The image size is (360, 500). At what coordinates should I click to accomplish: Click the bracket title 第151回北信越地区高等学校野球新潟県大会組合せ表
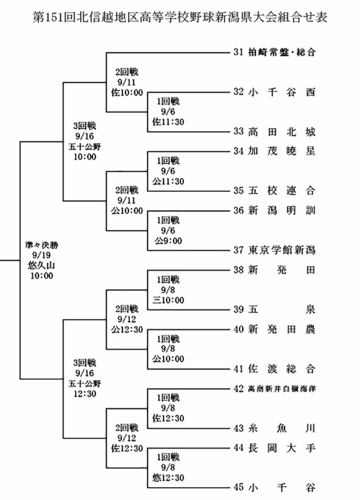180,17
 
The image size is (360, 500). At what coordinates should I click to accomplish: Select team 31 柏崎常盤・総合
274,52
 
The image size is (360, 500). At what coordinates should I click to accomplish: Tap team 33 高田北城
274,132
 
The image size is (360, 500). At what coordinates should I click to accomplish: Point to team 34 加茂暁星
274,151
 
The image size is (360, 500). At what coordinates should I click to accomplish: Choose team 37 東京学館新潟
274,250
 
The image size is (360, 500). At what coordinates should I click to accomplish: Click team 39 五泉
274,309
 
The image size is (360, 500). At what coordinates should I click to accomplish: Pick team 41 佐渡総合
274,368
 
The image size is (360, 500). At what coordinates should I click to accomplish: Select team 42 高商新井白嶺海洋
274,389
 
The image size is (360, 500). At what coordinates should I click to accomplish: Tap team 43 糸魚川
274,428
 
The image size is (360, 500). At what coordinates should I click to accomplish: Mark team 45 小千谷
274,487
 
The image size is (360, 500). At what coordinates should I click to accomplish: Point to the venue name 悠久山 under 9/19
42,265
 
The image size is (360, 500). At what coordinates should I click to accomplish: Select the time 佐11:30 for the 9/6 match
168,122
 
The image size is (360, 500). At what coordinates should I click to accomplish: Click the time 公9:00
168,241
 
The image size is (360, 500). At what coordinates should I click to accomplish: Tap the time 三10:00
168,300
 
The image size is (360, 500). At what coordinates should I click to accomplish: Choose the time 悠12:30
168,478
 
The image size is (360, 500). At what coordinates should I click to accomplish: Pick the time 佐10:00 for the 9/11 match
127,93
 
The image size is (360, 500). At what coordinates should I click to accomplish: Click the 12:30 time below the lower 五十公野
84,394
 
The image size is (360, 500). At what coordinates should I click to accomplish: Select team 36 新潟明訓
274,211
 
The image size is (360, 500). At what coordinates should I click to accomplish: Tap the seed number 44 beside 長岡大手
239,448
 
